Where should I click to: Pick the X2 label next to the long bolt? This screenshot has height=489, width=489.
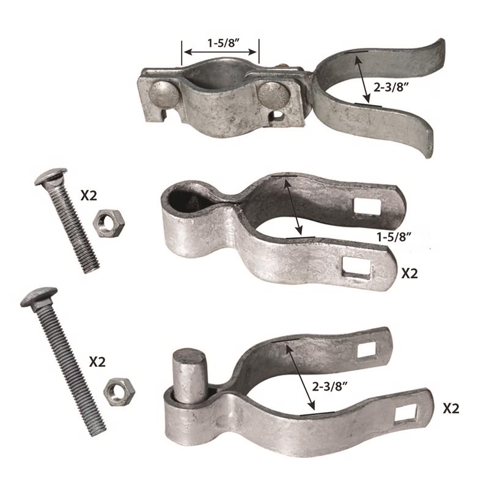(97, 362)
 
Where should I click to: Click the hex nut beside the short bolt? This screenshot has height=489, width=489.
(109, 224)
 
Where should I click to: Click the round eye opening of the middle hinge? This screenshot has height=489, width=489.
(180, 199)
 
